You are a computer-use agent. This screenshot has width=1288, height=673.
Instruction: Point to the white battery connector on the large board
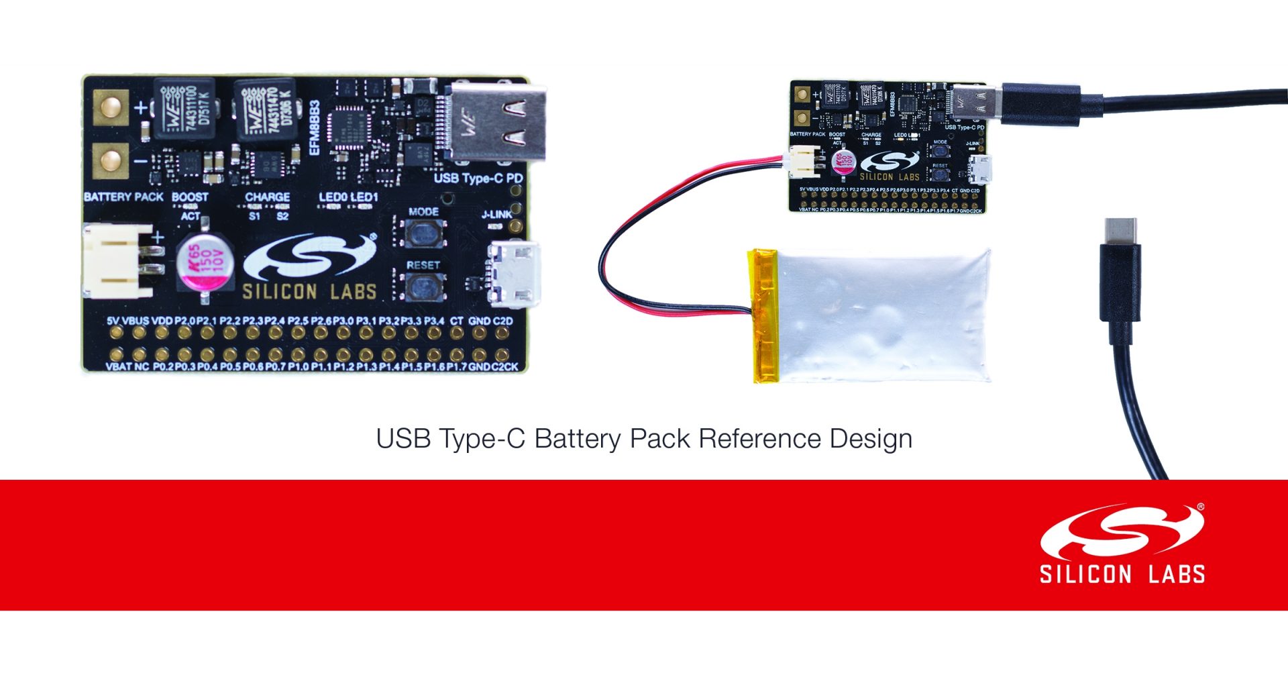click(x=118, y=261)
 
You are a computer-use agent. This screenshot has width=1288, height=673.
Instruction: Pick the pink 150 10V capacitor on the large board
click(x=205, y=261)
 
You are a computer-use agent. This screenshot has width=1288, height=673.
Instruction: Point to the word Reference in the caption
click(x=759, y=439)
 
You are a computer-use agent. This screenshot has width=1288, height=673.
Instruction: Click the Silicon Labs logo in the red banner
click(x=1122, y=543)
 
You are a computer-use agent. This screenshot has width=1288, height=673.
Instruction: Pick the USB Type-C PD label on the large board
click(x=478, y=178)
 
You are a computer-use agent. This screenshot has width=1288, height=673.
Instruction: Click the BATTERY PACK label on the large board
click(x=123, y=197)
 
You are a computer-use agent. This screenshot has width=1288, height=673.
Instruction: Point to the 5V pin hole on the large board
click(x=116, y=333)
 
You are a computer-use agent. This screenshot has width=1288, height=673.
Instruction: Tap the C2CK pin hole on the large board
click(x=502, y=354)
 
